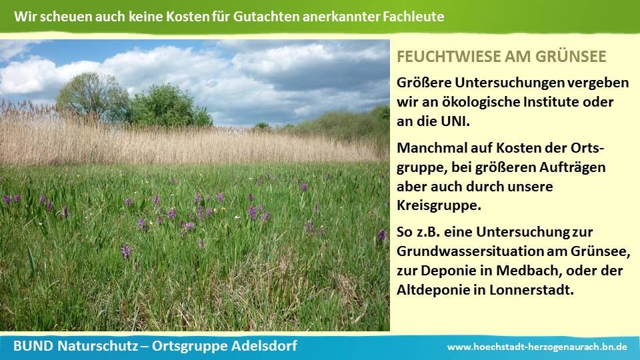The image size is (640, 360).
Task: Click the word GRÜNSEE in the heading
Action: tap(571, 56)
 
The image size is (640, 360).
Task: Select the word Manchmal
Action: tap(432, 147)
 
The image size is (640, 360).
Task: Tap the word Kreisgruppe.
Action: tap(439, 205)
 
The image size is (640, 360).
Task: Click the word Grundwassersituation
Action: tap(470, 251)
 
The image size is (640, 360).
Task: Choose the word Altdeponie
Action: tap(433, 290)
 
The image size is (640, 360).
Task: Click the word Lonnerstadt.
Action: tap(531, 290)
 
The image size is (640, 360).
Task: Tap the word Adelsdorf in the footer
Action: tap(265, 346)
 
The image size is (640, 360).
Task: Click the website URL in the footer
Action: tap(537, 347)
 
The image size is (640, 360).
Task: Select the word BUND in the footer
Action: tap(33, 346)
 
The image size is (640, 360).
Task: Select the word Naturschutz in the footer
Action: tap(97, 346)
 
